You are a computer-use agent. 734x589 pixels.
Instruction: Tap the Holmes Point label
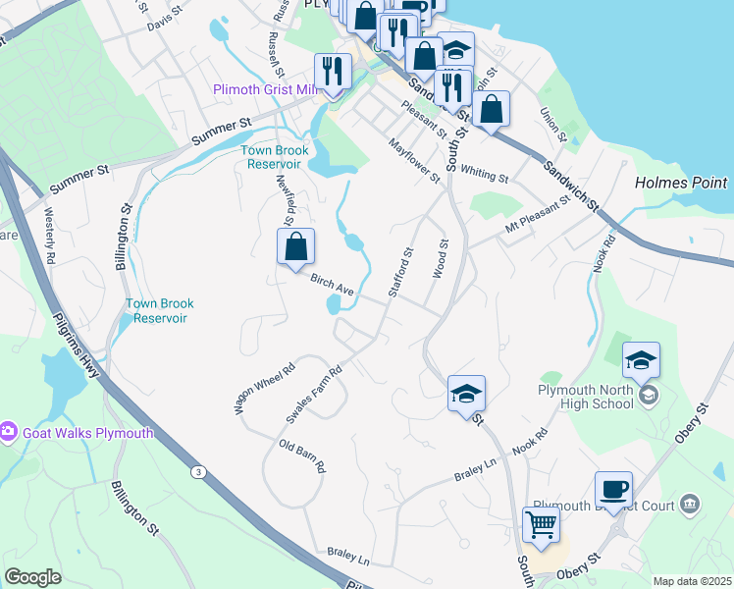[681, 183]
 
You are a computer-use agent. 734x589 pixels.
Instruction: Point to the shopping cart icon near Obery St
[542, 524]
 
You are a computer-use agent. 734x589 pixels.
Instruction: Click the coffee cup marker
[613, 489]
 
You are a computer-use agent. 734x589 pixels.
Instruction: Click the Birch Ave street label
[332, 285]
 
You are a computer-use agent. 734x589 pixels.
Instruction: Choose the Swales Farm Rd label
[313, 394]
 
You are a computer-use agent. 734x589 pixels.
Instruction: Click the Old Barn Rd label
[302, 456]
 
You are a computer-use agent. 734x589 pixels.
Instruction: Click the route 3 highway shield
[199, 472]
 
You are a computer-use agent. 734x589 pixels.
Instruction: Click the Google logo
[32, 577]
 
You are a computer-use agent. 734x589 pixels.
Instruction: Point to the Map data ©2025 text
[691, 581]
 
